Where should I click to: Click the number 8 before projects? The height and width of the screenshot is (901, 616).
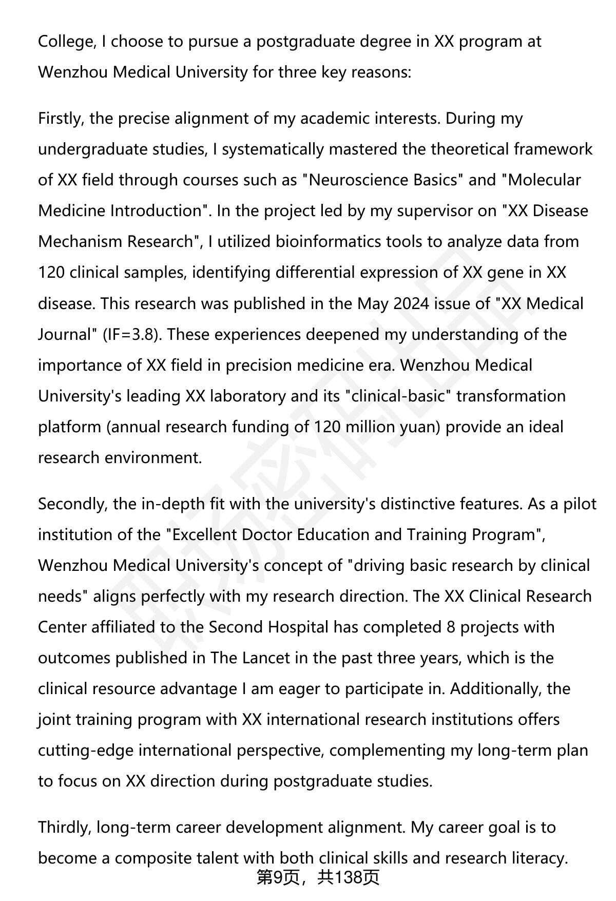[x=451, y=627]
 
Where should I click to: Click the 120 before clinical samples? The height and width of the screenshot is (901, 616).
[x=51, y=273]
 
